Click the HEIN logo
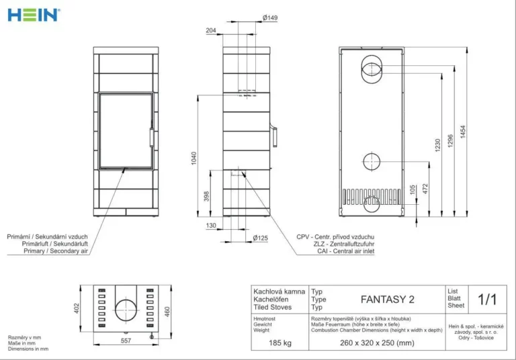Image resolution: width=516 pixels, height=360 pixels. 34,15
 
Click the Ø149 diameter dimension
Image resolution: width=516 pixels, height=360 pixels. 270,17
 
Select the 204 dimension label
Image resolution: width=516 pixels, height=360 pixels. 211,30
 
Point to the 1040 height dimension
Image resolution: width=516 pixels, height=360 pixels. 193,159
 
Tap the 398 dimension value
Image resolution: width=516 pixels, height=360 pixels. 206,196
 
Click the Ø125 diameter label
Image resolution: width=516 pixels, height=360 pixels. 260,238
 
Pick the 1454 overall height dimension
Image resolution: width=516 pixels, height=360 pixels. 463,132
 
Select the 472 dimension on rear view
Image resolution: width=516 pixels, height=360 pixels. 425,189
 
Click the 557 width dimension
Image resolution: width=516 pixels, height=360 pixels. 126,341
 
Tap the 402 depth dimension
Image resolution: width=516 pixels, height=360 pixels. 77,308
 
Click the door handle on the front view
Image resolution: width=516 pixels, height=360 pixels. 152,136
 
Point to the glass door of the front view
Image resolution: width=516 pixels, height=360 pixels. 126,131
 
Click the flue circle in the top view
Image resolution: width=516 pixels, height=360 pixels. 126,310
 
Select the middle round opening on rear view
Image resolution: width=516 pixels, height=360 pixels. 372,162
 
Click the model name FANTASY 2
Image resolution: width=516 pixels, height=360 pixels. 387,300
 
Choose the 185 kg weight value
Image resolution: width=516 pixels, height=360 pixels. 280,343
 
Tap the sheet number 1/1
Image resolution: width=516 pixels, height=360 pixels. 487,300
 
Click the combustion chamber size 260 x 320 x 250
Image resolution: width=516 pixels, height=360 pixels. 377,343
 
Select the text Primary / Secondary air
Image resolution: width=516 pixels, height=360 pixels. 56,251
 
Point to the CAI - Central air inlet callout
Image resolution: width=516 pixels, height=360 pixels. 345,251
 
